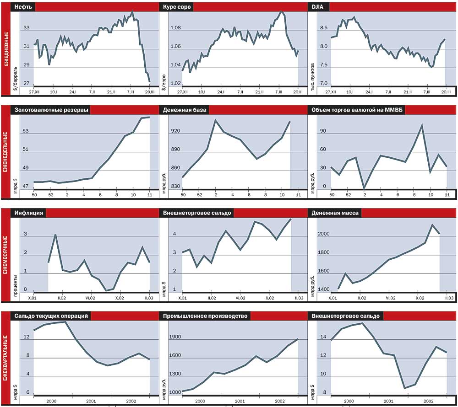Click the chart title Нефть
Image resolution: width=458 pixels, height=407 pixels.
point(22,7)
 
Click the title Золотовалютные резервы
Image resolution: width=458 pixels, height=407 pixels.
point(51,110)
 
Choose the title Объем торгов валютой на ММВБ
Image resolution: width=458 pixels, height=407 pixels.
point(356,110)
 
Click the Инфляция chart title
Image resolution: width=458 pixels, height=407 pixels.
point(29,213)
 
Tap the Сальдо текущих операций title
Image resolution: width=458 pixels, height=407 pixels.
point(51,316)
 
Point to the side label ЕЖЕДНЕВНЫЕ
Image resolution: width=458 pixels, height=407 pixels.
point(5,48)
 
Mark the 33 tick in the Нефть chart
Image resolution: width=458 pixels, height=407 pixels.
point(27,28)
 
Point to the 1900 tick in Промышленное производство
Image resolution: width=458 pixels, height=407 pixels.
point(175,337)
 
